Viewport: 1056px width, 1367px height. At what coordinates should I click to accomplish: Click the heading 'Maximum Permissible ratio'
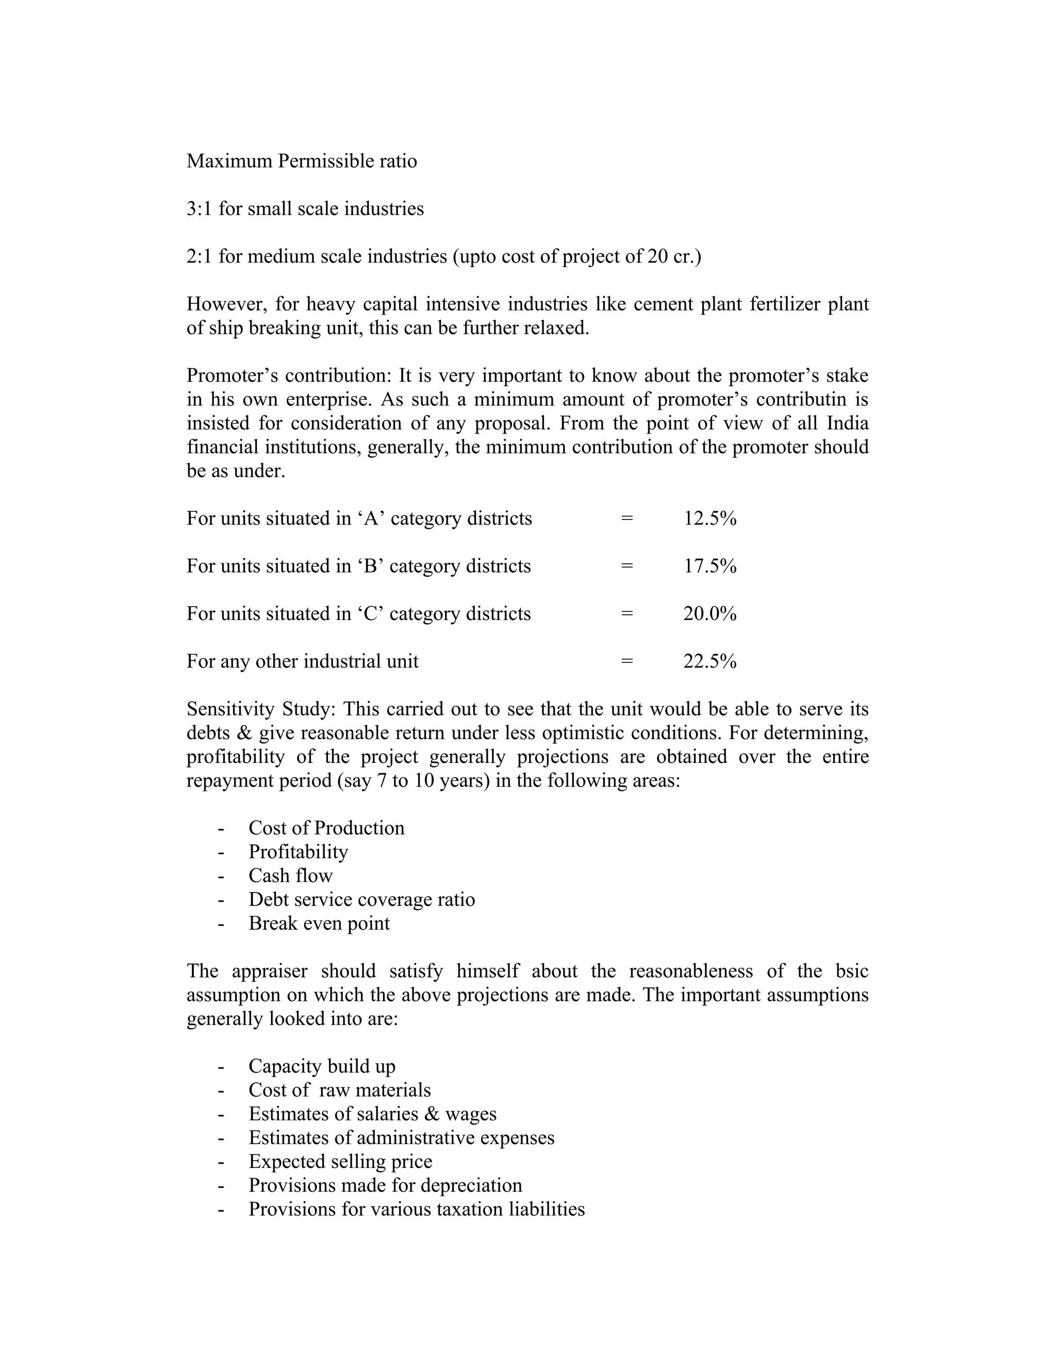click(x=302, y=161)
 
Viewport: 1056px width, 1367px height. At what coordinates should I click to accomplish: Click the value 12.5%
click(x=709, y=519)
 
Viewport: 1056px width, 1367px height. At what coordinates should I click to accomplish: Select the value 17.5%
click(x=709, y=566)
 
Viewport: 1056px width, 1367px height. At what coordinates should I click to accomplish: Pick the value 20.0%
click(x=709, y=614)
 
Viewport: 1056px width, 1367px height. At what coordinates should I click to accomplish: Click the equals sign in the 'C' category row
click(x=627, y=614)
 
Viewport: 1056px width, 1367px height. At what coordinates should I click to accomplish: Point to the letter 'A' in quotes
click(x=371, y=519)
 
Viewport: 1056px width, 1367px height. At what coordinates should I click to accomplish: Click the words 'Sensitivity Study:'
click(x=261, y=709)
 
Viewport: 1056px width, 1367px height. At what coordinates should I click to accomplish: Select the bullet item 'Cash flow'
click(x=290, y=876)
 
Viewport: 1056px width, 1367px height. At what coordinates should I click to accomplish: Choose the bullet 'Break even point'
click(x=319, y=923)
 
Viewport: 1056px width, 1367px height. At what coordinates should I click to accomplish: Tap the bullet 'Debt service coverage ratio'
click(x=361, y=900)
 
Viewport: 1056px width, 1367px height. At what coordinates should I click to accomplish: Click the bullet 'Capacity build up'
click(x=322, y=1066)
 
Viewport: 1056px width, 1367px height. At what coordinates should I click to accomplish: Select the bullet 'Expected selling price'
click(x=340, y=1161)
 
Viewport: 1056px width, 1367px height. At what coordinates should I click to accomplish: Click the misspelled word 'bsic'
click(x=851, y=971)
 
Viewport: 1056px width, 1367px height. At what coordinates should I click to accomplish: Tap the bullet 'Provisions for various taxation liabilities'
click(x=417, y=1209)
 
